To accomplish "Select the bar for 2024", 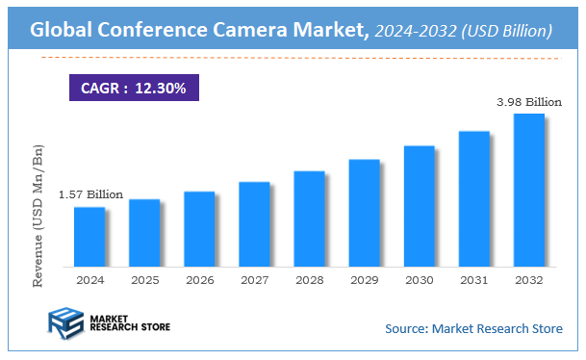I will point(89,237).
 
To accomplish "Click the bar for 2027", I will point(254,224).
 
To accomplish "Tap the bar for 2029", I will point(364,213).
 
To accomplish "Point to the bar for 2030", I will point(419,206).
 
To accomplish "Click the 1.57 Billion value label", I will point(91,194).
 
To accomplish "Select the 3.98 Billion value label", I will point(527,101).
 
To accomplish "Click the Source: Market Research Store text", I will point(473,329).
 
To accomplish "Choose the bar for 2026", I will point(199,229).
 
